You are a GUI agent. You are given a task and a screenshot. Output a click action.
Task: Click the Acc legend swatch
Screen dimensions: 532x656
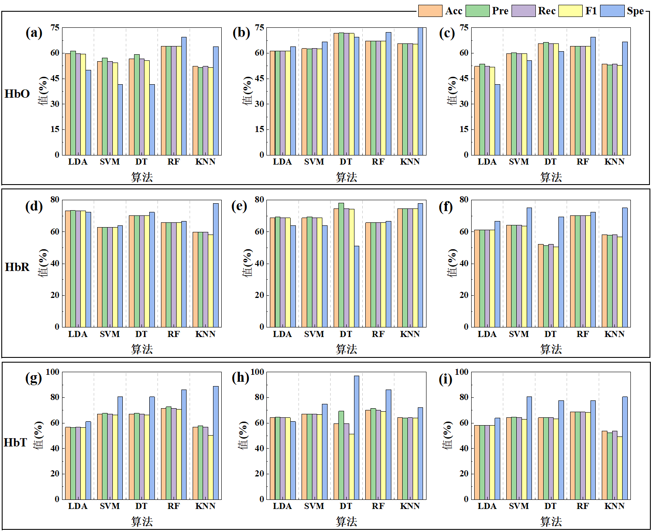tap(430, 11)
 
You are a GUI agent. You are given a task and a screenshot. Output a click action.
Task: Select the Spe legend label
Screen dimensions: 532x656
tap(635, 11)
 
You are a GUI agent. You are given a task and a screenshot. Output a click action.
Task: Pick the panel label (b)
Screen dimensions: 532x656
tap(241, 33)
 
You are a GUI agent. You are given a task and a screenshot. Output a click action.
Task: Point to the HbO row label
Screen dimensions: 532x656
tap(17, 94)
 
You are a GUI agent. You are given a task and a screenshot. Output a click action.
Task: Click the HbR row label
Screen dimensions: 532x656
tap(17, 267)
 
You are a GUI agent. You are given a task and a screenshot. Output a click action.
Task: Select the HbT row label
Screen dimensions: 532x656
tap(15, 442)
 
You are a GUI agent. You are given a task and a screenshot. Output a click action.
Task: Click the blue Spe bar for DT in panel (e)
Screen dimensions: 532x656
tap(356, 286)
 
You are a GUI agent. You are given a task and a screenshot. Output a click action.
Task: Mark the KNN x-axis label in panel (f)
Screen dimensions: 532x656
tap(614, 334)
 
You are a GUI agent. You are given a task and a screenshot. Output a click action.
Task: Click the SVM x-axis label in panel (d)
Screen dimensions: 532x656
tap(109, 334)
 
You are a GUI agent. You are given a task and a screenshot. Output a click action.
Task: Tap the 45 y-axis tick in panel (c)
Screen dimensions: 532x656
tap(463, 79)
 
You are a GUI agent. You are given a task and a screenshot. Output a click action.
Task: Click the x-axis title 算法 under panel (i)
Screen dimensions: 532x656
tap(551, 521)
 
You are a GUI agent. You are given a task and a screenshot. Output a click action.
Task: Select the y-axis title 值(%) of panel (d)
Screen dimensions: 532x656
tap(43, 263)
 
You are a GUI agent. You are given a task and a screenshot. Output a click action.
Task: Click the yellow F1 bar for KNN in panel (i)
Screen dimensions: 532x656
tap(620, 467)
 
